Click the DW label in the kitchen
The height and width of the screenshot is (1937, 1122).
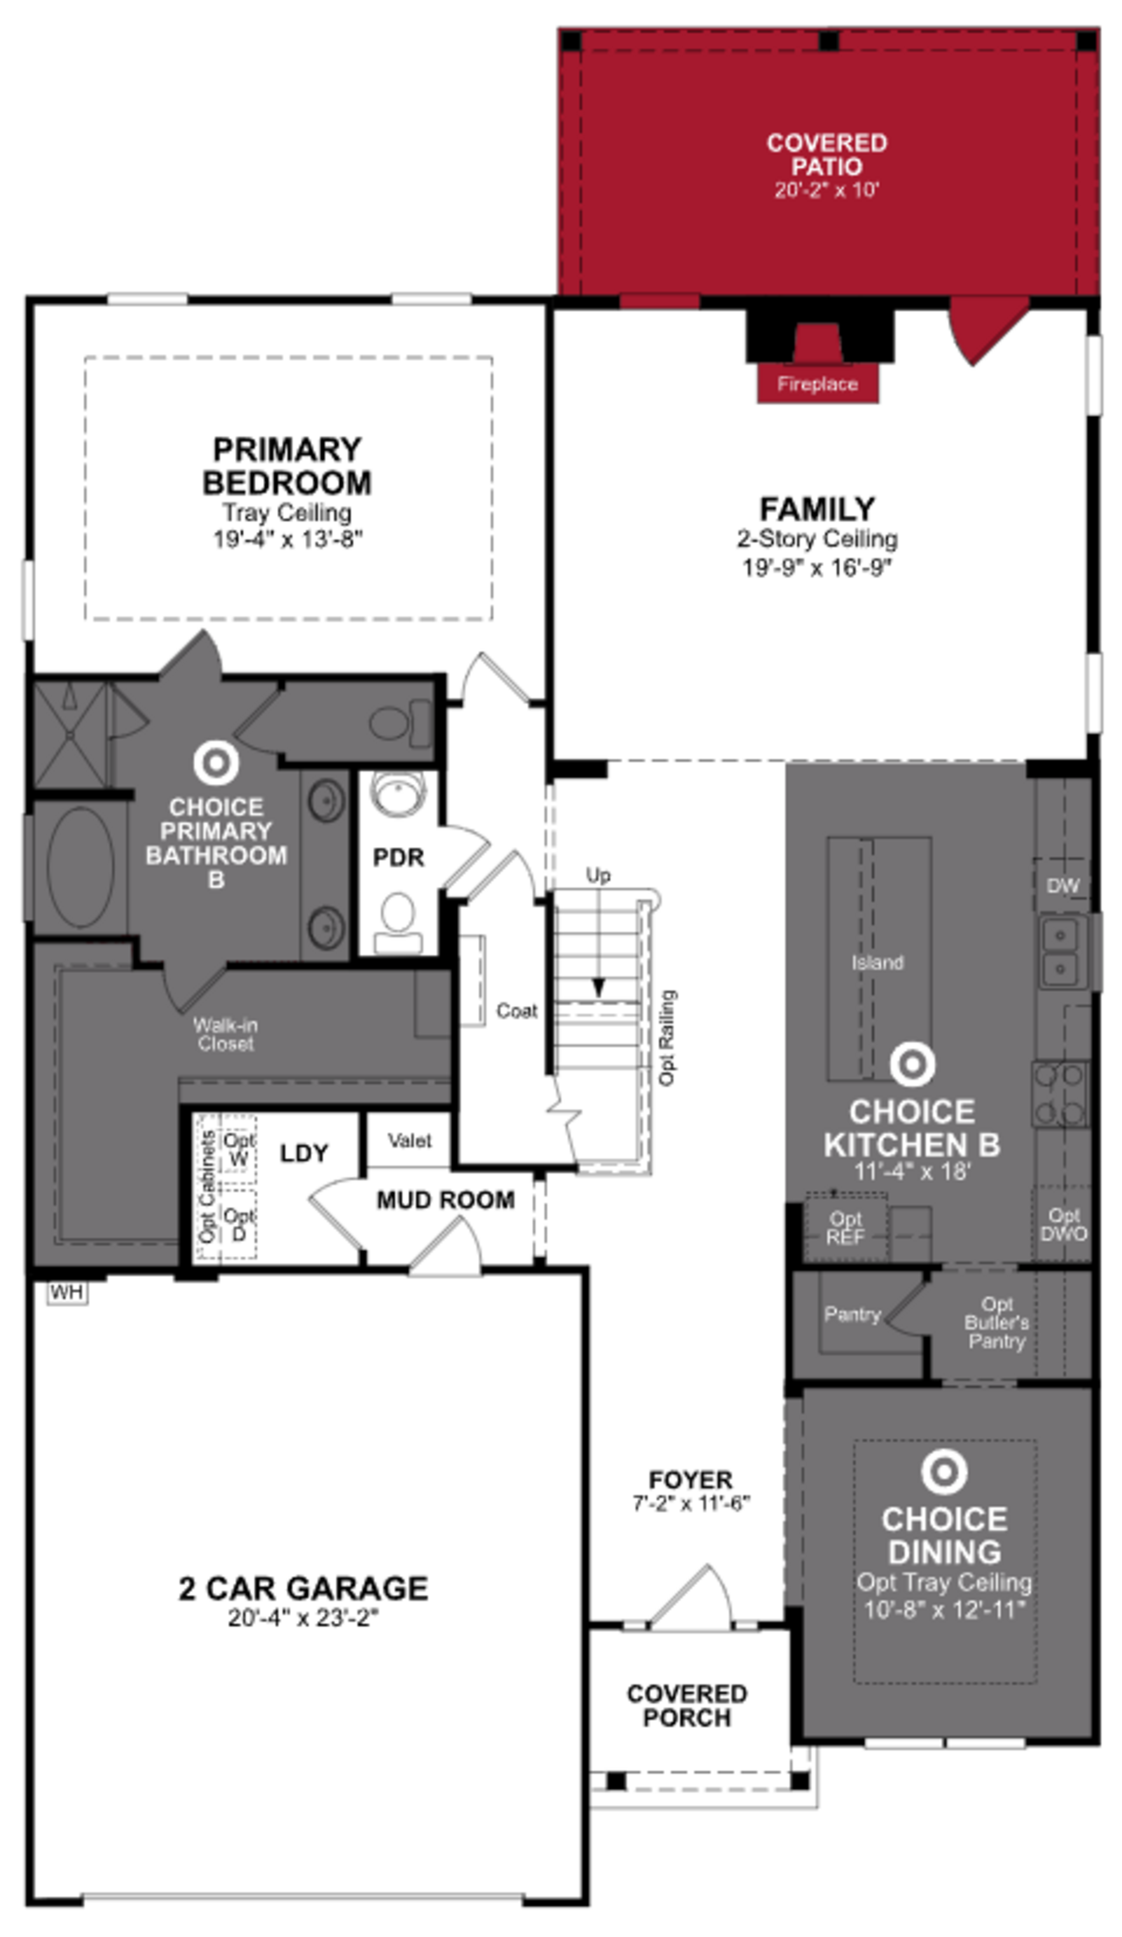[1062, 886]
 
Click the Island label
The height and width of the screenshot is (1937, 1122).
[877, 962]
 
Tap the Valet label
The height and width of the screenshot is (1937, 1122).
[409, 1141]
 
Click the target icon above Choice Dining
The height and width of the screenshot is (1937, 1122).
[943, 1472]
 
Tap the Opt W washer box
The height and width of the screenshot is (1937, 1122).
[238, 1149]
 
